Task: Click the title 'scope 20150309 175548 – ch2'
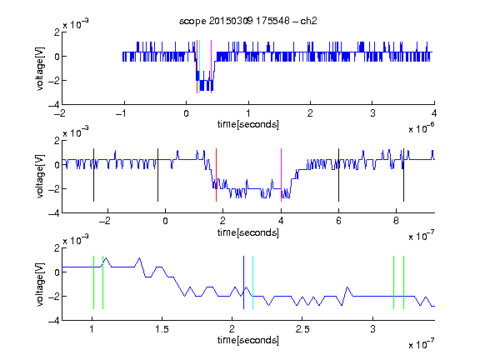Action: point(248,21)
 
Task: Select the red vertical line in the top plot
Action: point(197,67)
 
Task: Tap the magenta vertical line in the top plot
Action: point(211,67)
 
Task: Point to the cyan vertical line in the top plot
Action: point(200,67)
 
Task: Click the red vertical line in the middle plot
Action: point(216,175)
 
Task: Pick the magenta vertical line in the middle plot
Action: point(281,175)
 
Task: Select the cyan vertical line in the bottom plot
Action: point(252,282)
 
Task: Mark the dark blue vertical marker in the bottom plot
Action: point(243,282)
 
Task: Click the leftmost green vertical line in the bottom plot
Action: point(93,282)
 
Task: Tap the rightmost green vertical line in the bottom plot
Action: point(404,282)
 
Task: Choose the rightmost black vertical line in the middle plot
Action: point(403,175)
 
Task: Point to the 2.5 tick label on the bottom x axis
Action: point(302,329)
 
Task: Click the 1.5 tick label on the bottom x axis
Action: point(162,329)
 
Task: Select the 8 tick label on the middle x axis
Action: point(396,221)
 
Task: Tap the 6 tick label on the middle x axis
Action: point(338,221)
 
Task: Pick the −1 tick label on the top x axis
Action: point(121,113)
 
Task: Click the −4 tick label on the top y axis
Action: point(54,105)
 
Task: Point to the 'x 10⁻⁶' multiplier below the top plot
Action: point(422,128)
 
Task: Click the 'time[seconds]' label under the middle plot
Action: point(248,232)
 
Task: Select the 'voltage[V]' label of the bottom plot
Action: point(40,284)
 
